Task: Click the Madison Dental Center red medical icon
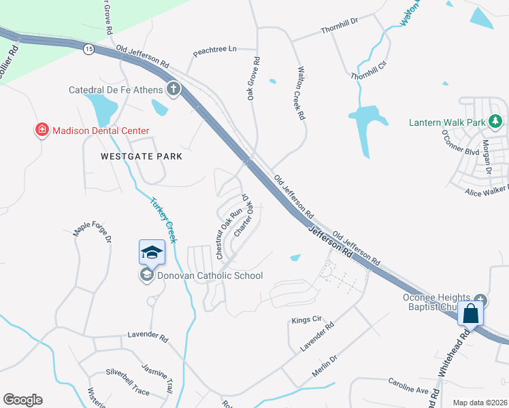click(x=42, y=130)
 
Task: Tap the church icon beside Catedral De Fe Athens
click(x=174, y=89)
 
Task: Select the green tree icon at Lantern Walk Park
click(x=496, y=122)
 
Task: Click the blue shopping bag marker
click(x=470, y=314)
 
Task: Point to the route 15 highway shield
click(x=88, y=49)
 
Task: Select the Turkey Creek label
click(x=164, y=220)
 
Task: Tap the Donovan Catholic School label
click(x=210, y=275)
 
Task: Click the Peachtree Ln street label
click(x=214, y=50)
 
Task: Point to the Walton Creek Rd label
click(x=301, y=93)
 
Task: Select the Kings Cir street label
click(x=306, y=319)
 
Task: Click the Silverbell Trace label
click(x=127, y=373)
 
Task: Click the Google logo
click(x=22, y=400)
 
